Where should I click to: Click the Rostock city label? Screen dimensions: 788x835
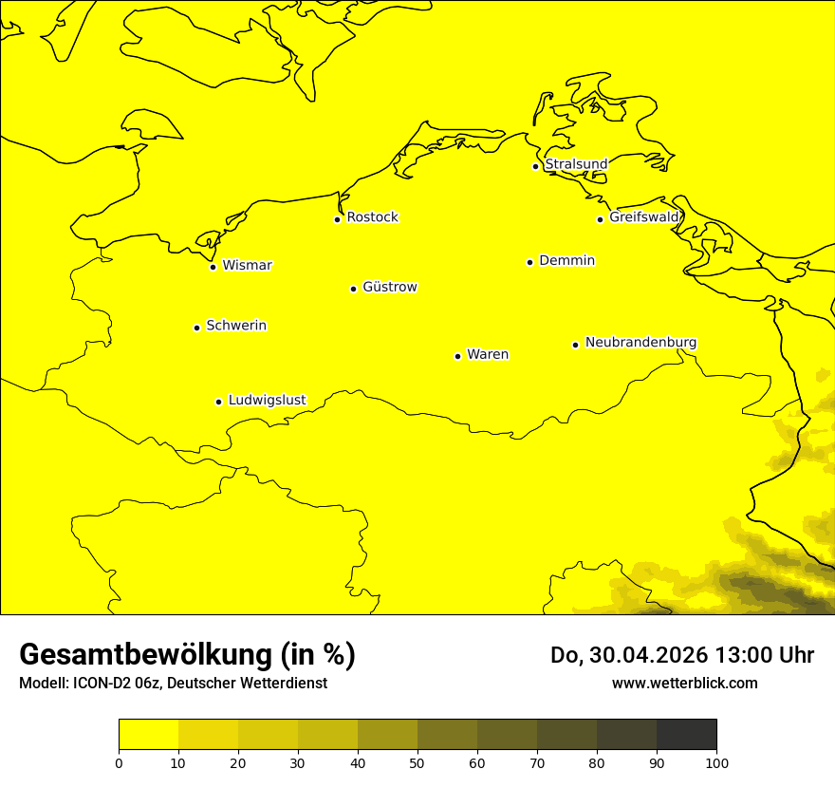[x=372, y=217]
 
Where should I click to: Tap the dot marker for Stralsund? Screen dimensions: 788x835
[x=535, y=166]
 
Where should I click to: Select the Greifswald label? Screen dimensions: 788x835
[x=644, y=217]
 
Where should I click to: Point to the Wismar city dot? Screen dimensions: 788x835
[x=213, y=267]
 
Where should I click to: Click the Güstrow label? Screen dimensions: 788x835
[x=389, y=287]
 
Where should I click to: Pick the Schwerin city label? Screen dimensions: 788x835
[x=236, y=326]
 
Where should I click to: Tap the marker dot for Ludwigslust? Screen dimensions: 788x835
[x=218, y=402]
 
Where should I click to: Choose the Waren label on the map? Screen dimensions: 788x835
[x=488, y=354]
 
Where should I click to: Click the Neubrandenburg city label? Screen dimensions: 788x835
[x=640, y=342]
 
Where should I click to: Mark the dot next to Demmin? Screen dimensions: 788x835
[x=529, y=262]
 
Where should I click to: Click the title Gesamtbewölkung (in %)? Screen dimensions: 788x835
[x=187, y=654]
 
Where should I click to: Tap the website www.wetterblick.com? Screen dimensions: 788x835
[x=684, y=683]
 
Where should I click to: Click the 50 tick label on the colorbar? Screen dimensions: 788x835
[x=417, y=762]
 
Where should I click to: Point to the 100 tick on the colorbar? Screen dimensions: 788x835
[x=716, y=762]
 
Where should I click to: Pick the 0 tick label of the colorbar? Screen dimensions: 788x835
[x=119, y=762]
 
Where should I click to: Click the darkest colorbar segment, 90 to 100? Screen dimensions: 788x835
[x=686, y=735]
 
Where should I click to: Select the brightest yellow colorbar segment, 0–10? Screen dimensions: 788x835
[x=149, y=735]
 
